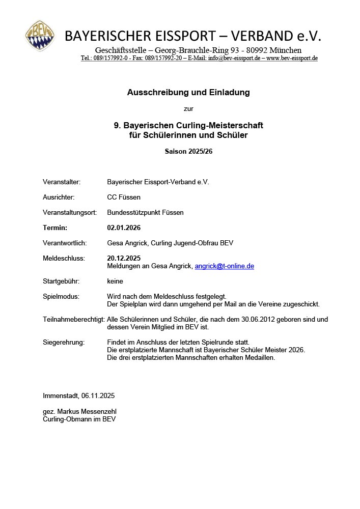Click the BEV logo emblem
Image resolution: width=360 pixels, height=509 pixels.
(x=41, y=36)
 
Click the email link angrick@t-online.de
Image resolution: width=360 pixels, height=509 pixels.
(x=224, y=266)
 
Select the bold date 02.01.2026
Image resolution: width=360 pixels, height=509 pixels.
(x=124, y=228)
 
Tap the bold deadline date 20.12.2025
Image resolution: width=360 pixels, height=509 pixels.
(x=124, y=258)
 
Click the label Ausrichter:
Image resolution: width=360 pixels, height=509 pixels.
(x=59, y=197)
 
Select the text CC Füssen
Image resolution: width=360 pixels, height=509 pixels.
(x=124, y=197)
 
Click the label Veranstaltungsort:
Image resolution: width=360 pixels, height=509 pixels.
(x=70, y=212)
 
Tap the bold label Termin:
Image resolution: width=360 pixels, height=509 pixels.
(x=55, y=228)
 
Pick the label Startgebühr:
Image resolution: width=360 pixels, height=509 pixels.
(x=62, y=281)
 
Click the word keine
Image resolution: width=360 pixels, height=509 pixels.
(x=115, y=281)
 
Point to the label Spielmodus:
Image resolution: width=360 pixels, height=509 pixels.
(x=61, y=296)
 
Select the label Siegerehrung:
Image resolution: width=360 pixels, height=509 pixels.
(x=64, y=342)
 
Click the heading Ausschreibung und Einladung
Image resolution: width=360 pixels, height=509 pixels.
(x=188, y=93)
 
